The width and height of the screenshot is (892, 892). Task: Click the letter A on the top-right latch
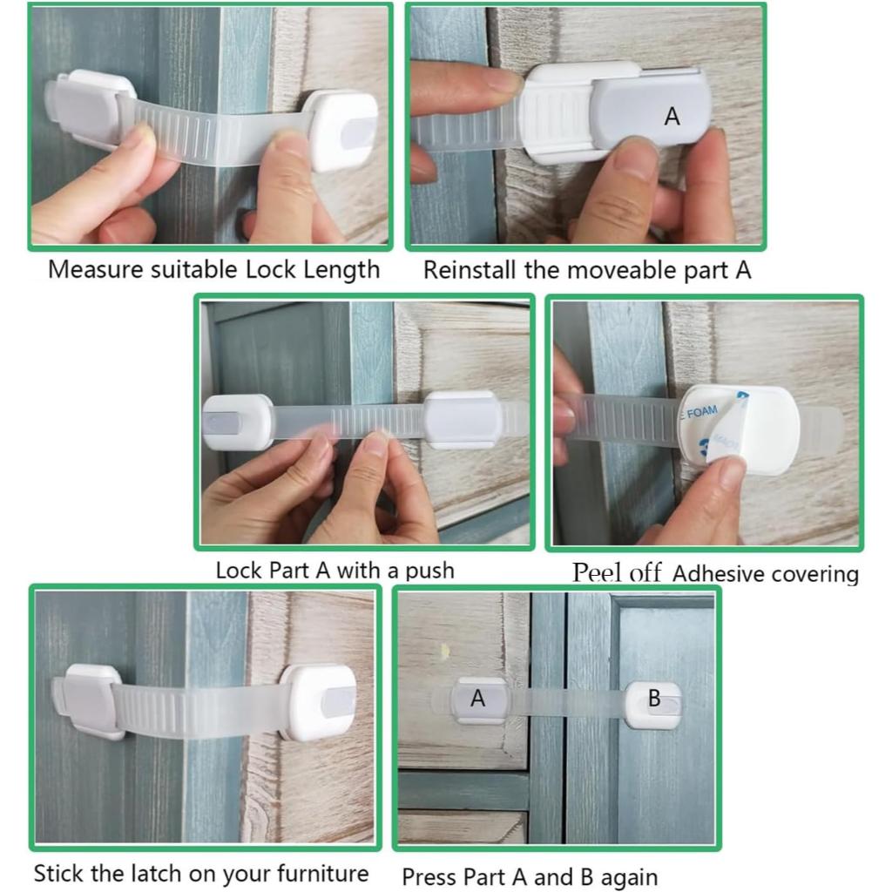(x=672, y=117)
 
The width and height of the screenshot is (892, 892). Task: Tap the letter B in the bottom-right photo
(x=654, y=698)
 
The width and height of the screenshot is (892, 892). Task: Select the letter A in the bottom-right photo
(x=478, y=698)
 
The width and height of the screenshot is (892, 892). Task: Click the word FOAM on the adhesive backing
(x=702, y=411)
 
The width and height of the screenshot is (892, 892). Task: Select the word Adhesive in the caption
(x=715, y=573)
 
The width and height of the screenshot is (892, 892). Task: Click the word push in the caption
(x=430, y=571)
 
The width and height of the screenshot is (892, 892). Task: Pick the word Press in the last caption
(x=427, y=877)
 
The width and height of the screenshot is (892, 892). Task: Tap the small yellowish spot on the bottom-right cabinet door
(x=444, y=650)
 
